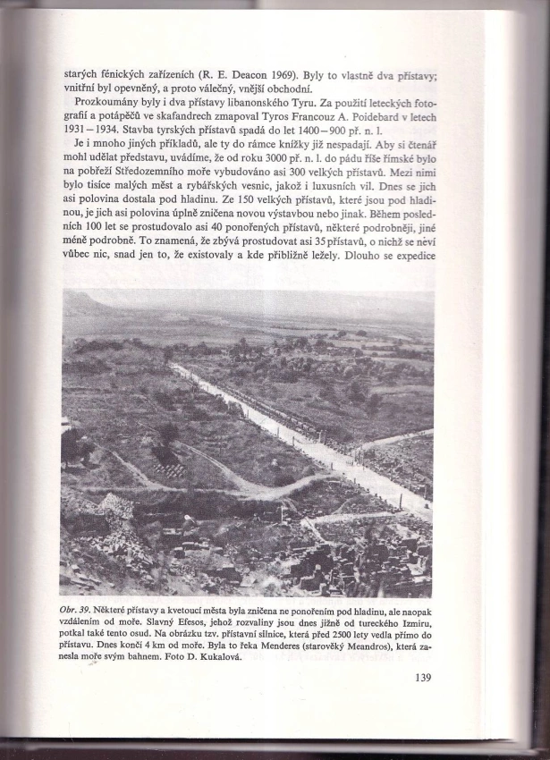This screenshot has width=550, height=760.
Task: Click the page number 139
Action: pyautogui.click(x=423, y=677)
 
